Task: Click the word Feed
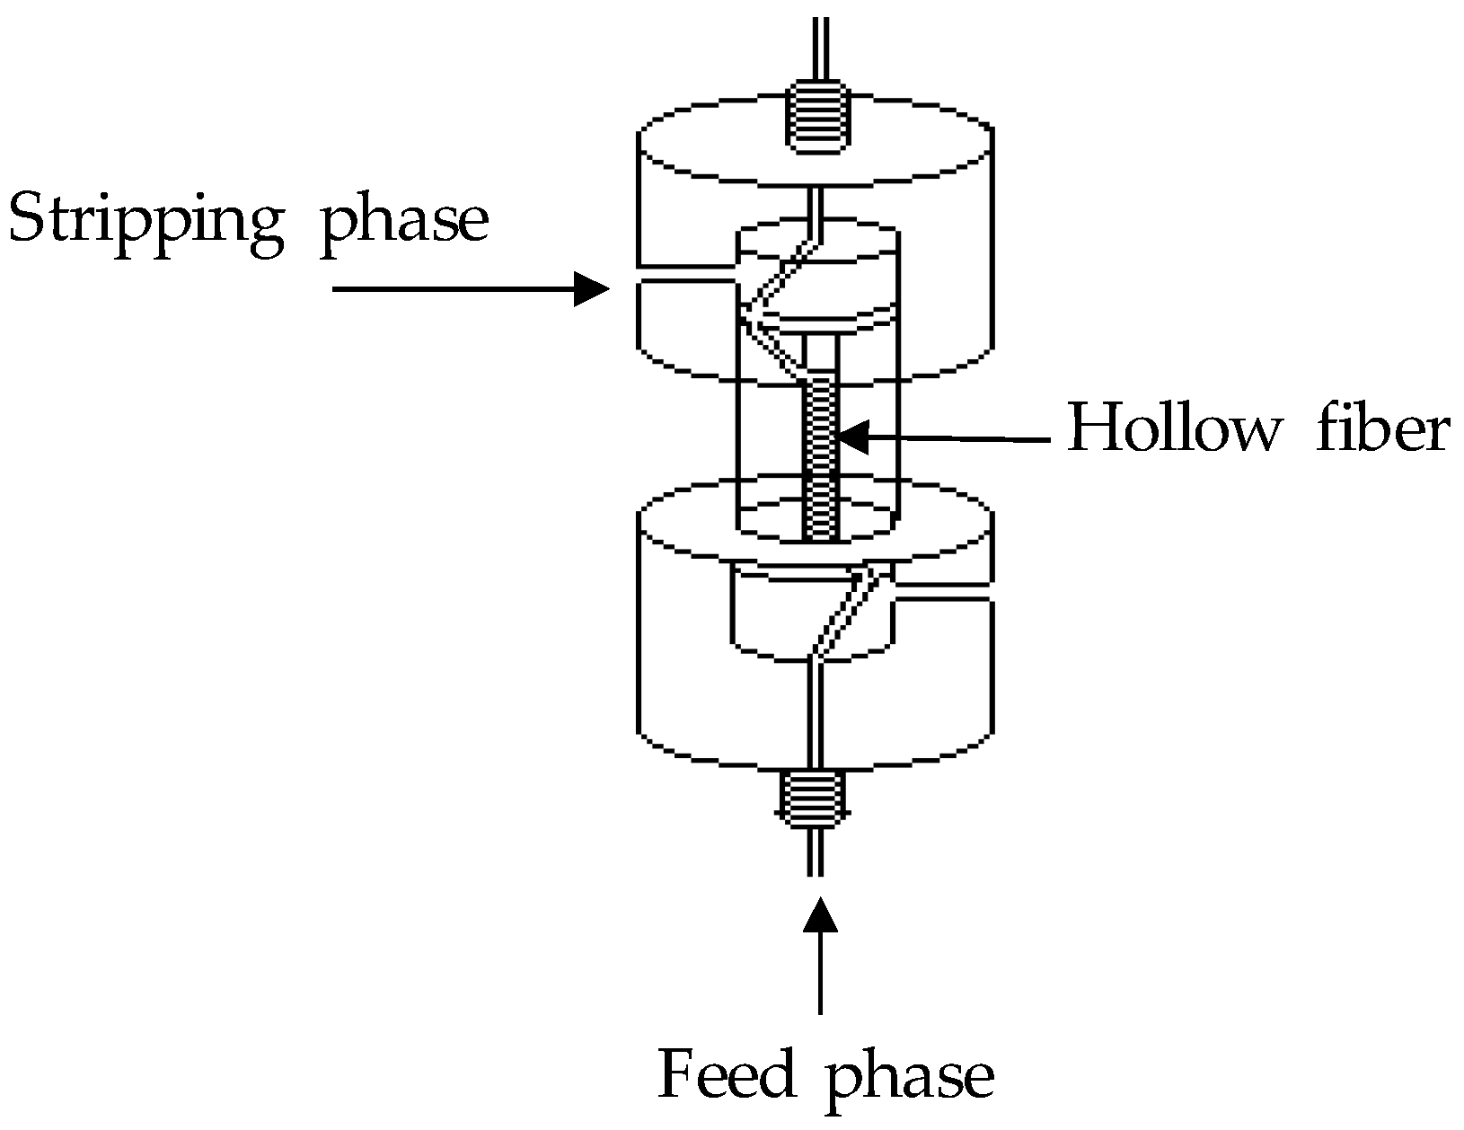click(727, 1074)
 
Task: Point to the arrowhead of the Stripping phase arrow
click(593, 289)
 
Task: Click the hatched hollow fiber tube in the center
click(820, 458)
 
